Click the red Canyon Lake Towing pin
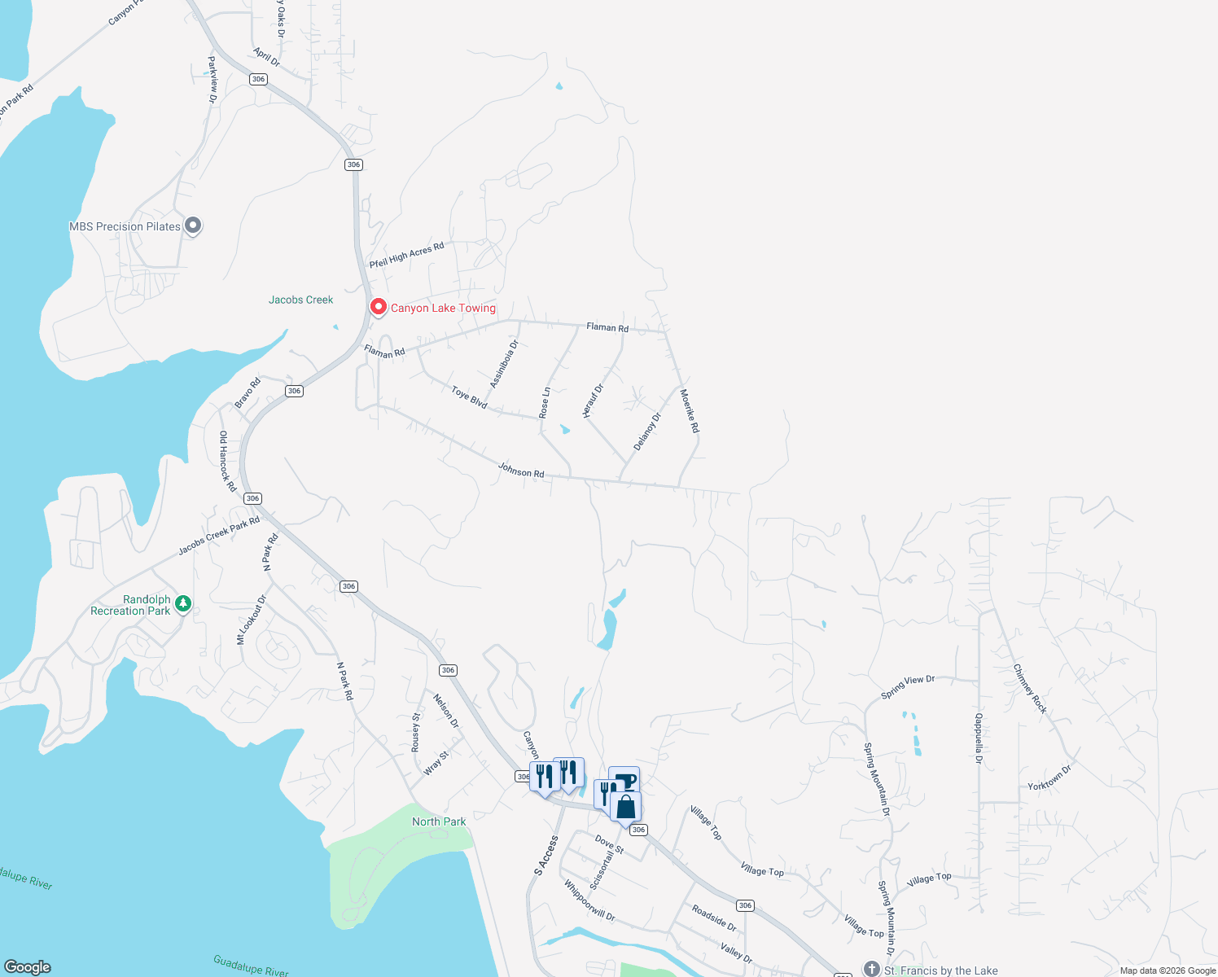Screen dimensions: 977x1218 pos(378,307)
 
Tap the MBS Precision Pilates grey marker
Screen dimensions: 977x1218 pos(193,226)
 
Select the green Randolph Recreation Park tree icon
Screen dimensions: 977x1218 pos(184,603)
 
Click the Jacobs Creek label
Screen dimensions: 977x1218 pos(300,300)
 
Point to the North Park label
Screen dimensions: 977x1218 pos(439,821)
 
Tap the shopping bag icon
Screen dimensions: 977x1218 pos(626,807)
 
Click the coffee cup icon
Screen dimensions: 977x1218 pos(624,782)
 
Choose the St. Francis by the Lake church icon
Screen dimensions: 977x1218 pos(872,969)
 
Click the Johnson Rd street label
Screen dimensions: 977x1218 pos(521,471)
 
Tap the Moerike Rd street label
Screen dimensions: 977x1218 pos(690,410)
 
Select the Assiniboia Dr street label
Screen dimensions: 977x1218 pos(504,364)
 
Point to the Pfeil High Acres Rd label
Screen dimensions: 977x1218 pos(407,255)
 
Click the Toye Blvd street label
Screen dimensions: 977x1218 pos(469,397)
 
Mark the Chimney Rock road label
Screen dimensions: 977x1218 pos(1030,689)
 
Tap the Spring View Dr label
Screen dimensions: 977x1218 pos(908,686)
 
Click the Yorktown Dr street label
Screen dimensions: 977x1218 pos(1049,778)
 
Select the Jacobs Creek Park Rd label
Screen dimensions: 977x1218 pos(219,535)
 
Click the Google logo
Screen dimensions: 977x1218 pos(28,966)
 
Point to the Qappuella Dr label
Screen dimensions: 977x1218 pos(979,738)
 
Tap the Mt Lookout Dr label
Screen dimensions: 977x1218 pos(252,620)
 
